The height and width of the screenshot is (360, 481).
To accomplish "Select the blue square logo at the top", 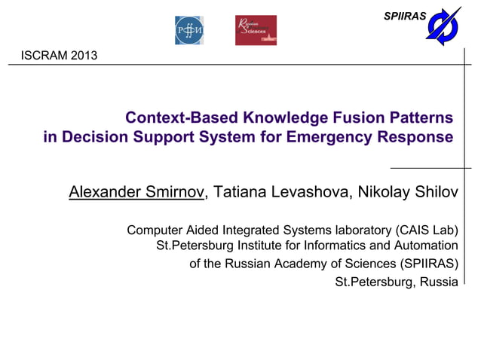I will point(189,30).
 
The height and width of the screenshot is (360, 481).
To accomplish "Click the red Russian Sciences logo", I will point(256,30).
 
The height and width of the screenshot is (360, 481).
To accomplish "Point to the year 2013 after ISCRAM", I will point(82,56).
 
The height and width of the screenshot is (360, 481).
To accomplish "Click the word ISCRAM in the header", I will point(43,56).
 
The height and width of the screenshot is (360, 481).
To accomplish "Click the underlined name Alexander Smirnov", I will point(136,192).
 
